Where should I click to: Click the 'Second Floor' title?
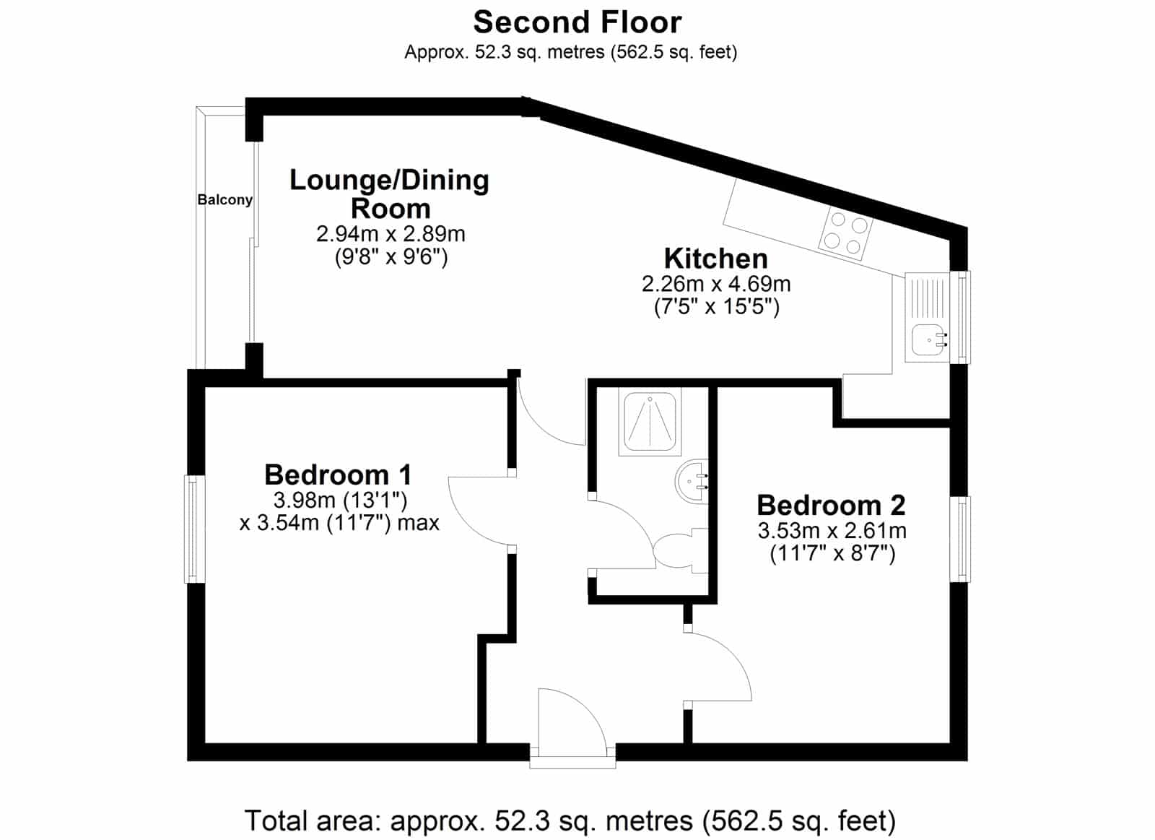click(577, 22)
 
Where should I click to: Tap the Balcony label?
click(225, 199)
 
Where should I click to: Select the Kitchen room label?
click(715, 259)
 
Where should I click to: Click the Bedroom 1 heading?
click(339, 475)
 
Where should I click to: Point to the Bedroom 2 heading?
click(831, 505)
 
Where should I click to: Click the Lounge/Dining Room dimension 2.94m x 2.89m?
click(391, 234)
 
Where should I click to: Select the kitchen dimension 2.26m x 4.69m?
click(715, 284)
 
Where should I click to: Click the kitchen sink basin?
click(928, 339)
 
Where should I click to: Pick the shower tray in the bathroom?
click(650, 422)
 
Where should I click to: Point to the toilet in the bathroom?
click(681, 551)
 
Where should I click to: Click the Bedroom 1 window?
click(194, 529)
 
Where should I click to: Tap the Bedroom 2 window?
click(960, 540)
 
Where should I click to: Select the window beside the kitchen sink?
click(961, 317)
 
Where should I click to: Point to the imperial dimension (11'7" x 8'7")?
click(832, 554)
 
